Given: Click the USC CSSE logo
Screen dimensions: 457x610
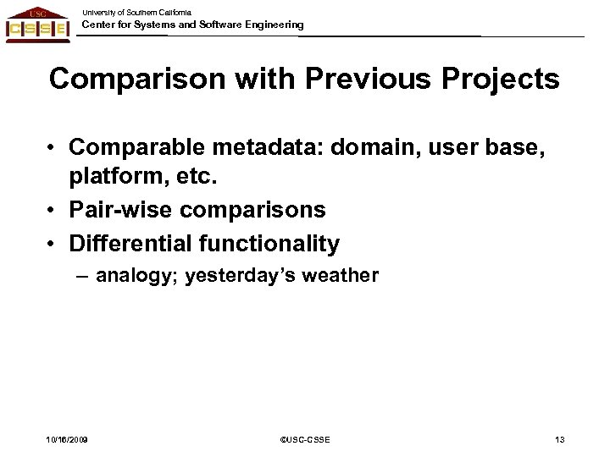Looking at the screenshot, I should pos(38,23).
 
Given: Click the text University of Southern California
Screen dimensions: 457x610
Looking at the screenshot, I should pos(136,12).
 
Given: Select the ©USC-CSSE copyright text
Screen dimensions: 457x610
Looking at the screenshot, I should pos(306,439).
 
